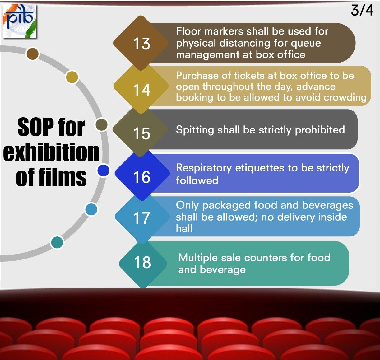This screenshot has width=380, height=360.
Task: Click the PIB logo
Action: click(20, 21)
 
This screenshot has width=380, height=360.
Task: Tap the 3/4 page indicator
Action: click(362, 10)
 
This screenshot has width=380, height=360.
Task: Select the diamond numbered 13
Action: click(141, 44)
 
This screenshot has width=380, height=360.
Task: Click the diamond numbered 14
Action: click(141, 90)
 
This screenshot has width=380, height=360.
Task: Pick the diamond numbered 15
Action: click(141, 133)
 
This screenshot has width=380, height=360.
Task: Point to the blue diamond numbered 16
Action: click(141, 177)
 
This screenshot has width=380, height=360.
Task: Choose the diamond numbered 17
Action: click(141, 218)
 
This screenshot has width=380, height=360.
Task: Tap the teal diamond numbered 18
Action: click(142, 262)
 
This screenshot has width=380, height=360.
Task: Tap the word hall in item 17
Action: click(184, 228)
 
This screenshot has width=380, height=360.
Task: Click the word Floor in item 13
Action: click(188, 31)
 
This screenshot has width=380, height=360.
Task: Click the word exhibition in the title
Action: click(51, 152)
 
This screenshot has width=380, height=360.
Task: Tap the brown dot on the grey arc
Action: click(33, 54)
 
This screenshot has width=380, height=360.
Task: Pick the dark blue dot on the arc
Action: click(103, 171)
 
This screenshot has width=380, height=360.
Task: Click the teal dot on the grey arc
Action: click(57, 242)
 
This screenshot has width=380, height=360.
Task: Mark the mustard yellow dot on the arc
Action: click(72, 77)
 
